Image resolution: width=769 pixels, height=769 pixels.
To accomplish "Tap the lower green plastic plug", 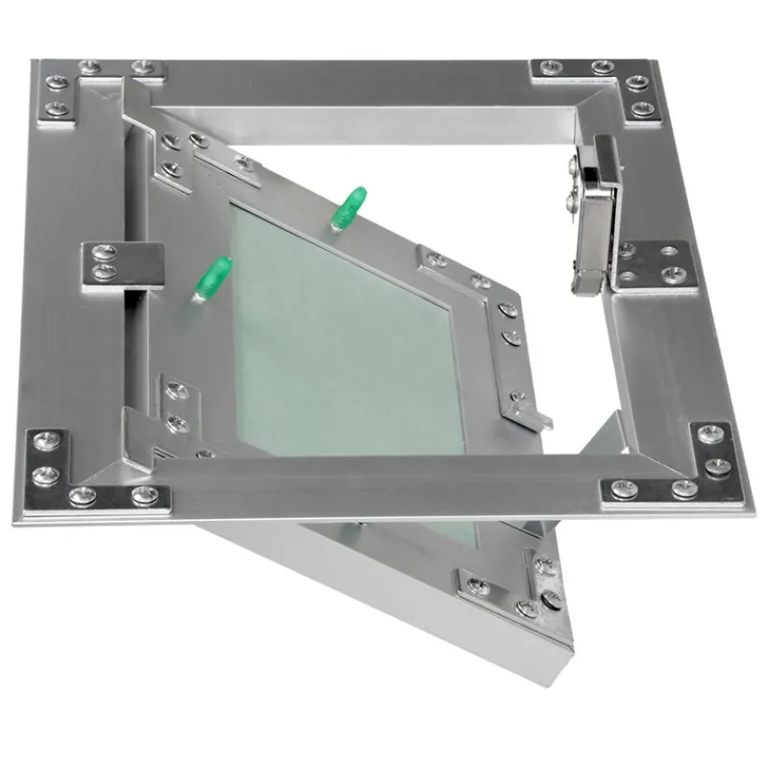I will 212,276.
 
